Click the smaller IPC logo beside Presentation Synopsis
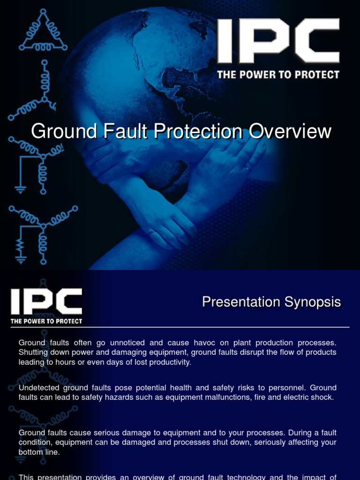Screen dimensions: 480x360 point(46,301)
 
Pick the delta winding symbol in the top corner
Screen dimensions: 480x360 point(43,31)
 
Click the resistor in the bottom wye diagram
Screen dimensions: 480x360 point(20,245)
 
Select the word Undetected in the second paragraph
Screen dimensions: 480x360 point(39,388)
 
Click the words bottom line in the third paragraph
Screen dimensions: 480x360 point(39,452)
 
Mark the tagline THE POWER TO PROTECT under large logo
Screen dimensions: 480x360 point(278,75)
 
